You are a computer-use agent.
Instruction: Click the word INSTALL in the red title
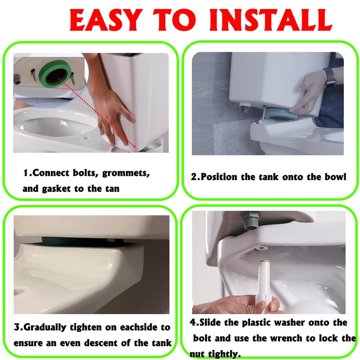point(271,20)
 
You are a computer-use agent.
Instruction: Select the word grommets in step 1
point(126,173)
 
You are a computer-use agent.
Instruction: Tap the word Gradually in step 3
point(45,327)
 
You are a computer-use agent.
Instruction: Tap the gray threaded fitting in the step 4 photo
point(251,220)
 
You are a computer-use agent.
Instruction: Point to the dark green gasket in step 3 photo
point(69,242)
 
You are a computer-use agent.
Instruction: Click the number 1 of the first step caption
point(26,173)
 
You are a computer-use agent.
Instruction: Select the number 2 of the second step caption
point(194,177)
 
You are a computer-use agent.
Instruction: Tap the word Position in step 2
point(219,177)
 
